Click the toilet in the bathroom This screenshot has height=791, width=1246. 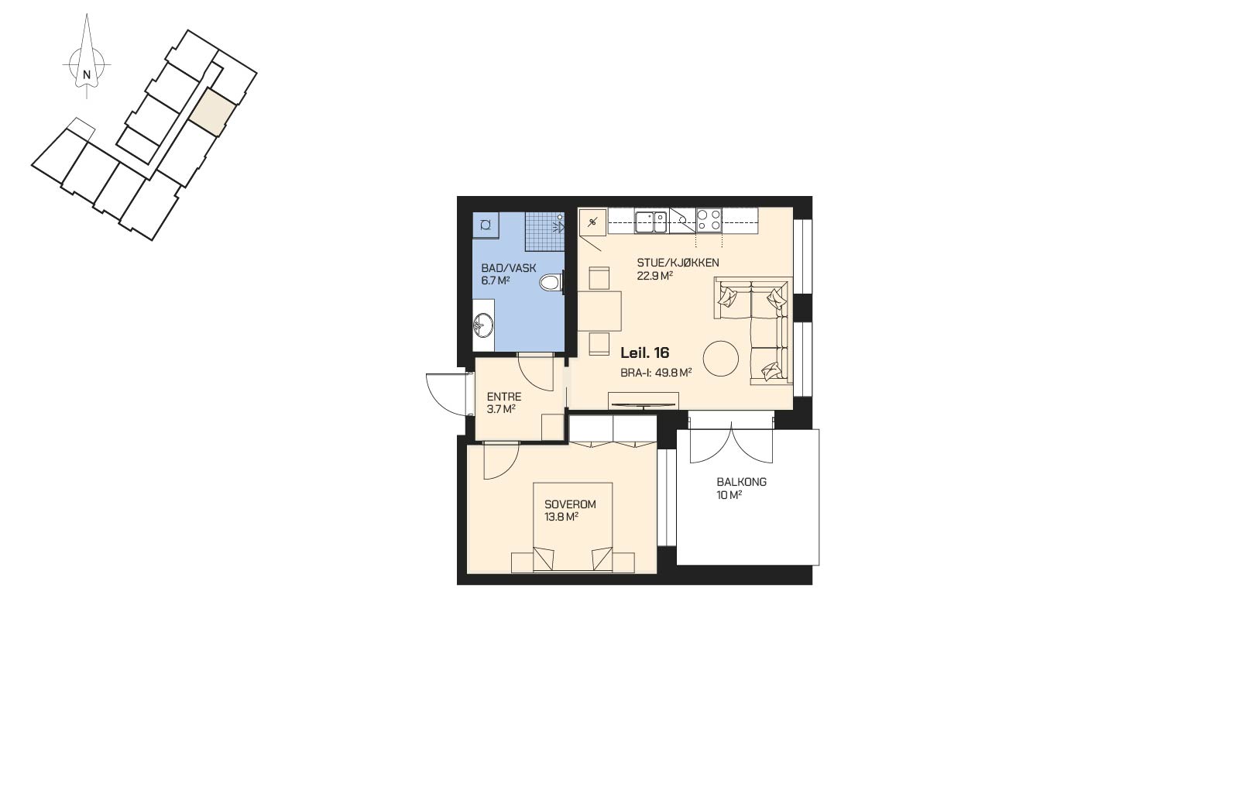[x=552, y=282]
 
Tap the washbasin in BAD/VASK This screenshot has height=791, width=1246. [x=94, y=325]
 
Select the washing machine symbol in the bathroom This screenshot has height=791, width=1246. [x=486, y=225]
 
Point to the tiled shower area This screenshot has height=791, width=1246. [x=545, y=232]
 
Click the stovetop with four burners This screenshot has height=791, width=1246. [x=709, y=220]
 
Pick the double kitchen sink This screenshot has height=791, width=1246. [x=651, y=222]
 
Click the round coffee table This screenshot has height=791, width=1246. [x=721, y=359]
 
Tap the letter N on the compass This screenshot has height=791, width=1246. [x=86, y=74]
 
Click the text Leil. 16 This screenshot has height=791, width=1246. [x=645, y=353]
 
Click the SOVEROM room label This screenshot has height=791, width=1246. [x=570, y=504]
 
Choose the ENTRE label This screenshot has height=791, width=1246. [x=504, y=397]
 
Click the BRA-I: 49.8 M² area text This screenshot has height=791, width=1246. [x=657, y=373]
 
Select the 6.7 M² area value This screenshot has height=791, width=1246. [x=496, y=280]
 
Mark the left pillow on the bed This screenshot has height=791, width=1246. [x=544, y=559]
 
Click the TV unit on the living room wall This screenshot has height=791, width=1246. [x=644, y=401]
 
